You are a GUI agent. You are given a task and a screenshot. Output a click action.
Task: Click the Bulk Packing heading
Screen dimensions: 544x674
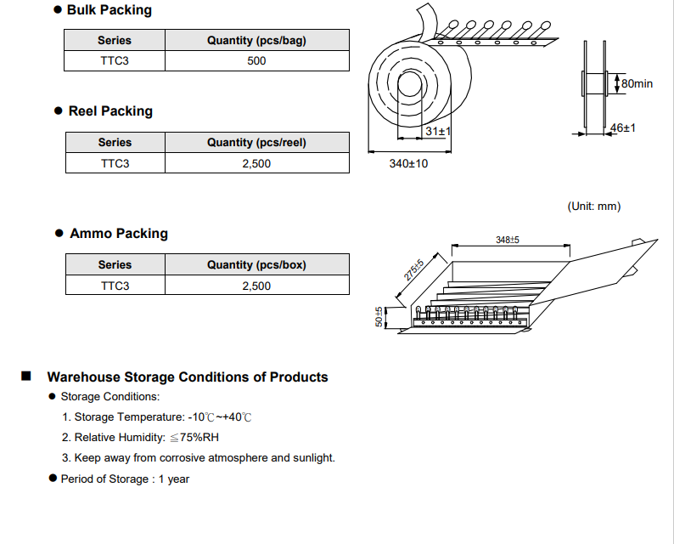click(109, 10)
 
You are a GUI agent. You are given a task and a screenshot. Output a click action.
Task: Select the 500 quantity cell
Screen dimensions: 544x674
click(256, 61)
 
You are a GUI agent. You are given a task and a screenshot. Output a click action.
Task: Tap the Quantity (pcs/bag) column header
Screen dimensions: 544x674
click(256, 40)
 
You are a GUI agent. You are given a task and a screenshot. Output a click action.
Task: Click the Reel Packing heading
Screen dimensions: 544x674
click(110, 111)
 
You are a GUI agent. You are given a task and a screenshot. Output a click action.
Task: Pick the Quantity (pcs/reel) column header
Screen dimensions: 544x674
click(256, 143)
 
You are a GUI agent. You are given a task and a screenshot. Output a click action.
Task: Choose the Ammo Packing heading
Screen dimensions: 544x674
click(118, 234)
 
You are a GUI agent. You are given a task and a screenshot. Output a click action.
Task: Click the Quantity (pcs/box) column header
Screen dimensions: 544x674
click(256, 265)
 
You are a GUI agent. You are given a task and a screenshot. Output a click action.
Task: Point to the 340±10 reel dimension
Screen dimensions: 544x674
click(408, 163)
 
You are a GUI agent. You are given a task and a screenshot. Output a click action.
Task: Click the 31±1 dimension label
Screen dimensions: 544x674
click(438, 132)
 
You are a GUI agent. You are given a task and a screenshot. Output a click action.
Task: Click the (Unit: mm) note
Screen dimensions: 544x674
click(593, 207)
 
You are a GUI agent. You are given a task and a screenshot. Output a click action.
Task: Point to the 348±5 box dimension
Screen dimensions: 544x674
click(508, 241)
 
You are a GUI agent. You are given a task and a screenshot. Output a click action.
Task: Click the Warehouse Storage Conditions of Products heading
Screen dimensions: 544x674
click(187, 377)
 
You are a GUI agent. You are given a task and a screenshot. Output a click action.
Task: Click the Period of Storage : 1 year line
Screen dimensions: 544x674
click(124, 479)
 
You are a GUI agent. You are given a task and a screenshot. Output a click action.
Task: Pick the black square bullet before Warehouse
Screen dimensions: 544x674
click(26, 377)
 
